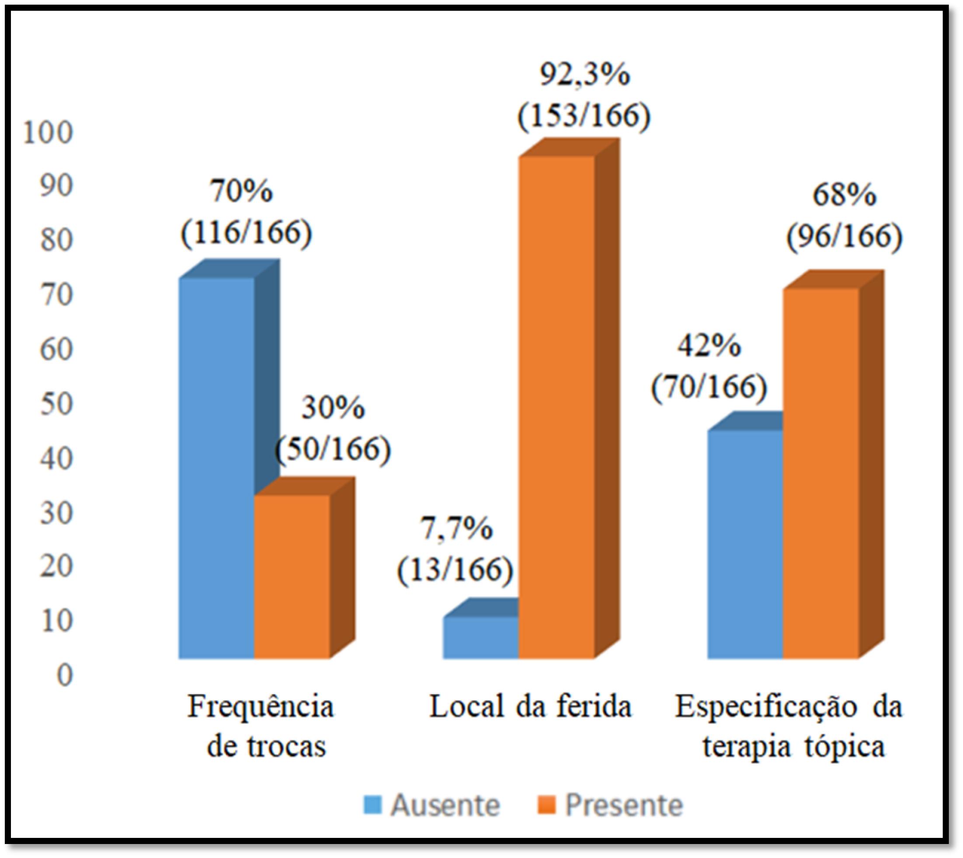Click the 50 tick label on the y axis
(x=56, y=404)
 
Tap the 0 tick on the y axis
(x=65, y=675)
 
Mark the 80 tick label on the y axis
(x=56, y=241)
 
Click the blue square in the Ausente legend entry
(x=372, y=805)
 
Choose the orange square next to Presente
(x=547, y=805)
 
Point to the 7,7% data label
(x=456, y=529)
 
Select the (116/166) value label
(x=246, y=232)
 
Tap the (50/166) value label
(x=333, y=449)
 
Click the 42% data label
(x=709, y=347)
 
